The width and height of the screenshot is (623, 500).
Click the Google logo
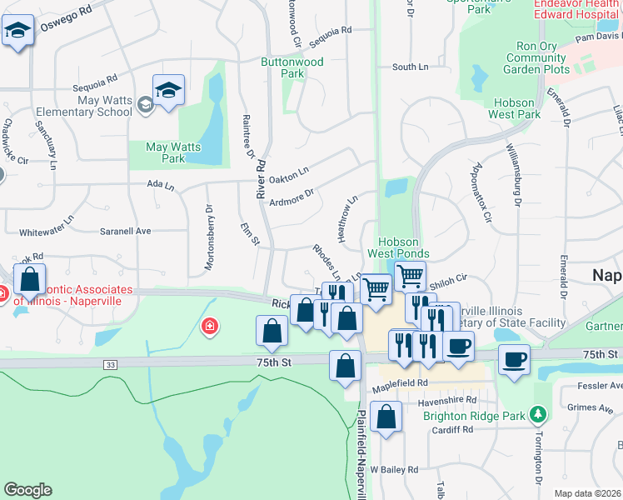point(27,490)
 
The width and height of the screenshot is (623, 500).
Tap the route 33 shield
point(111,364)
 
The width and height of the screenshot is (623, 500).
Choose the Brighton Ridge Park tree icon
point(539,413)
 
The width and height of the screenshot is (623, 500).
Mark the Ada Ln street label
point(160,184)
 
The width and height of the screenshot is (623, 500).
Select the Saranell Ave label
point(125,231)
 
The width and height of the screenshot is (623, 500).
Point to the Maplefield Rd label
point(399,383)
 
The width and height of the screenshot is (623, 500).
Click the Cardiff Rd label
point(452,430)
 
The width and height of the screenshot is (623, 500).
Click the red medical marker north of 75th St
point(210,326)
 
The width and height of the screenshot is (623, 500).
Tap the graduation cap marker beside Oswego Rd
point(17,32)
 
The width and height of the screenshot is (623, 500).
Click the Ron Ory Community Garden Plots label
point(536,58)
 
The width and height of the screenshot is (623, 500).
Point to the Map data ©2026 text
point(588,493)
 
